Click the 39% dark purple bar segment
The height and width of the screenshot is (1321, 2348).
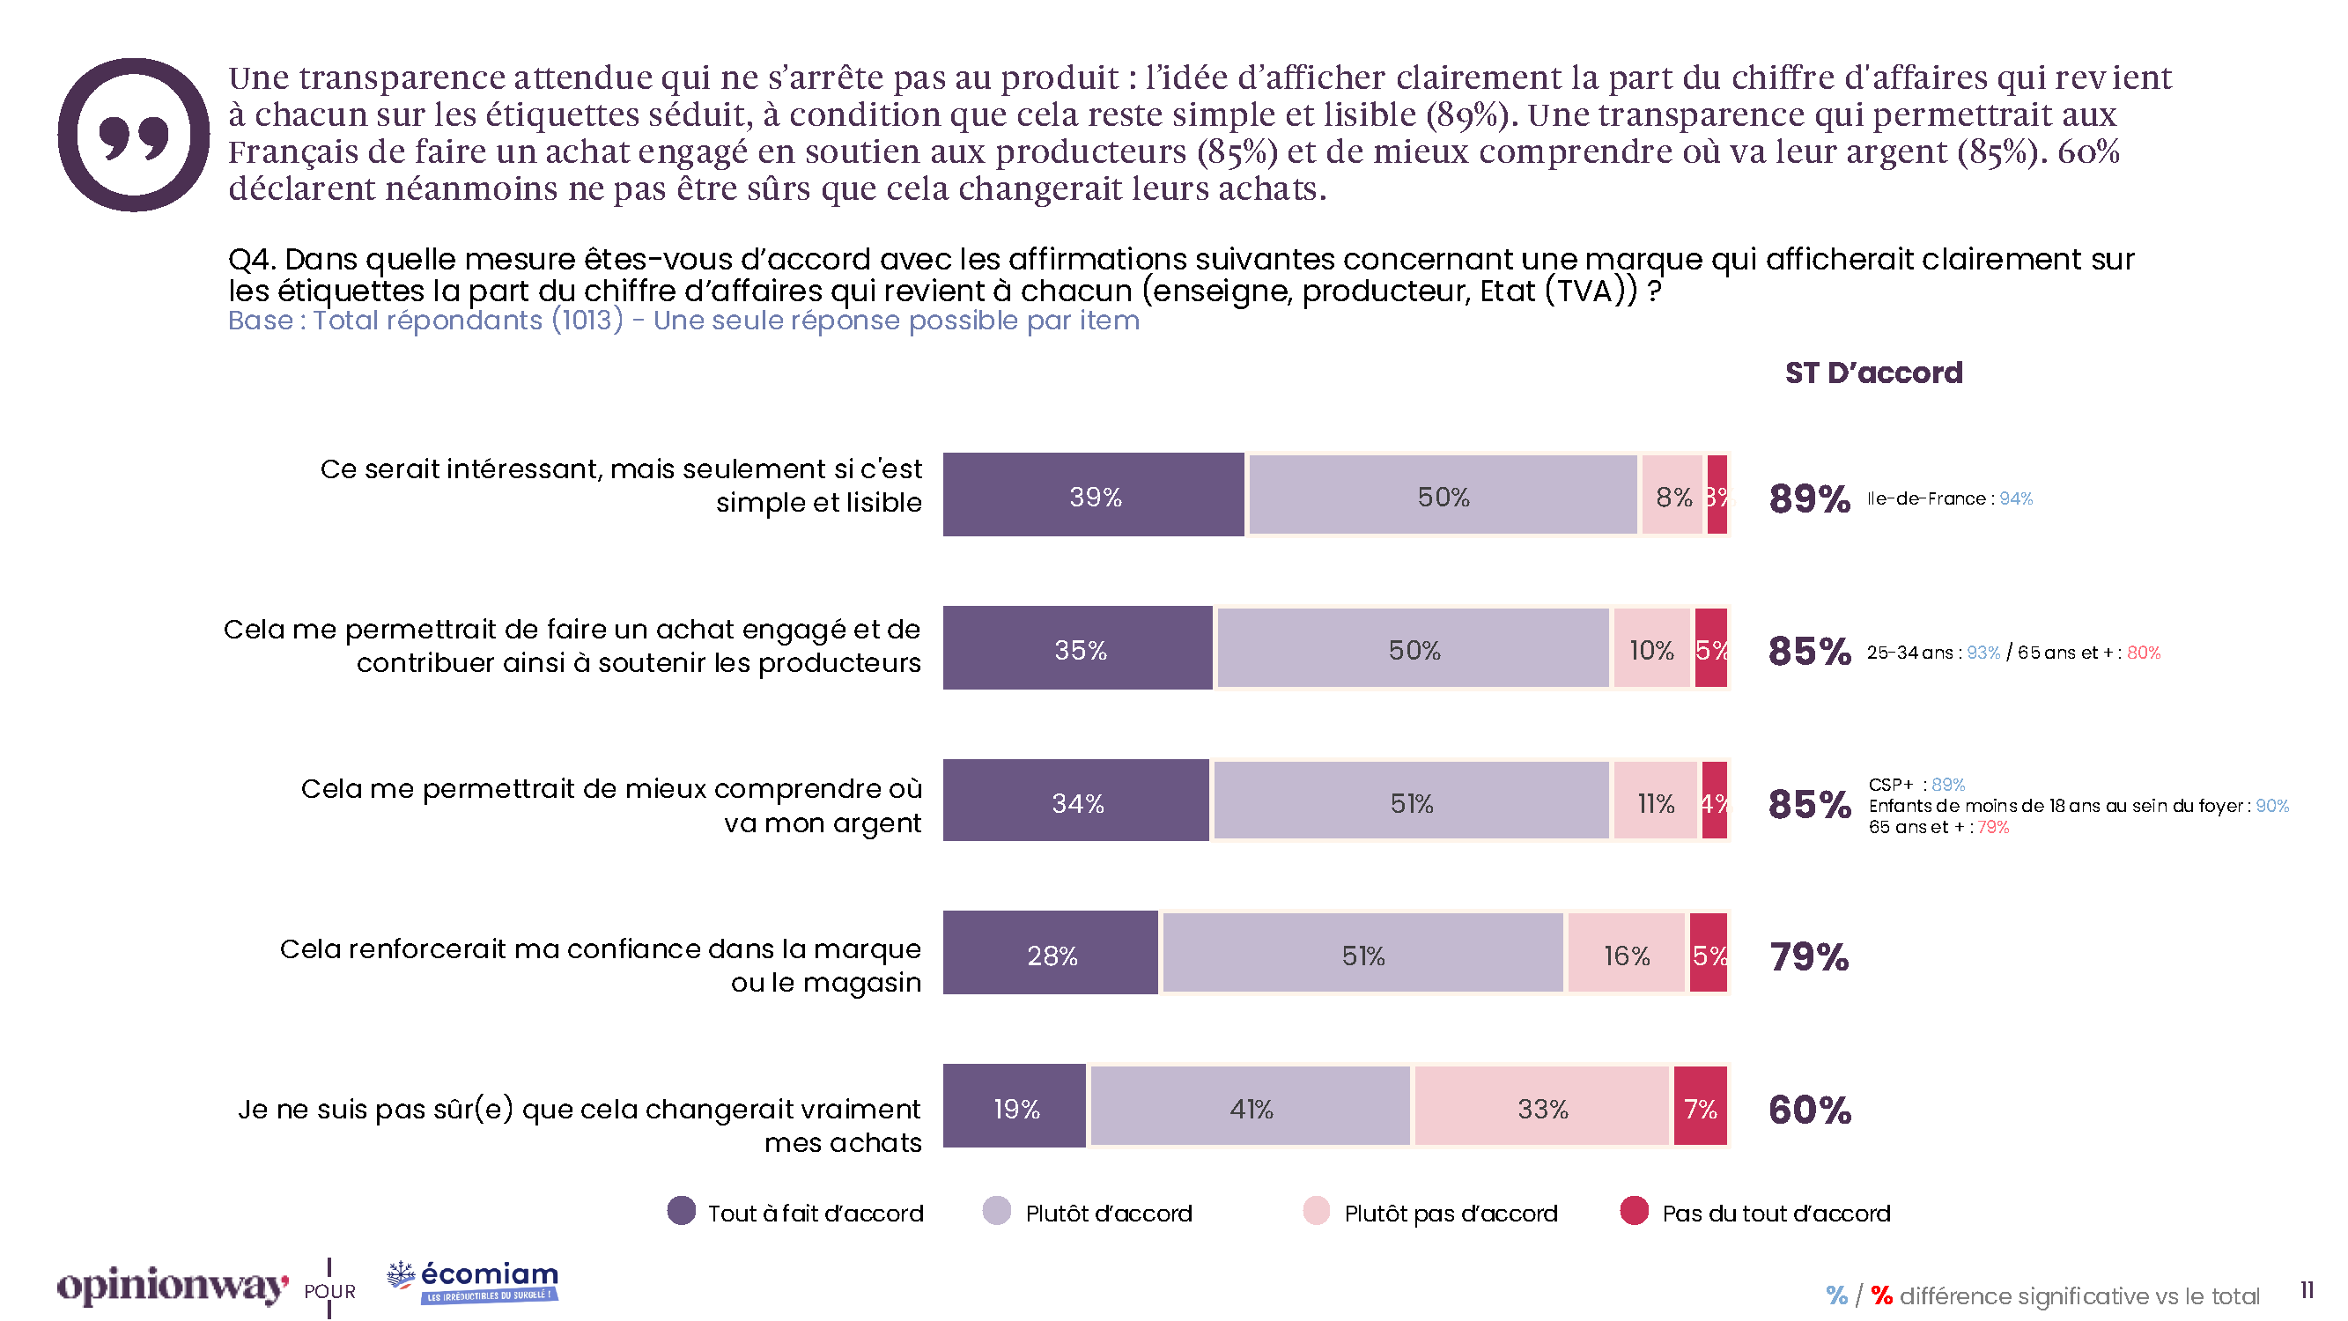click(1093, 495)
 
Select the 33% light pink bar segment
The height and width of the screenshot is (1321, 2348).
click(1541, 1107)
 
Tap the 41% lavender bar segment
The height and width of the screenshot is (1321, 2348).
click(1250, 1107)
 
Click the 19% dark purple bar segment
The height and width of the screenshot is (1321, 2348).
click(1015, 1107)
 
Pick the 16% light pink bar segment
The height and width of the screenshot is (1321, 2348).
click(1626, 954)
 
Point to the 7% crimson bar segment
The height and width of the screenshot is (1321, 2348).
click(1700, 1107)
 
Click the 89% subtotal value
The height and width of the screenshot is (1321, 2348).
click(1809, 498)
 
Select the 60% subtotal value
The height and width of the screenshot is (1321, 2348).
click(1809, 1110)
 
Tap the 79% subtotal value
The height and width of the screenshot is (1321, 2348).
click(1809, 956)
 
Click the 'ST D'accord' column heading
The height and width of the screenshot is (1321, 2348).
click(1873, 373)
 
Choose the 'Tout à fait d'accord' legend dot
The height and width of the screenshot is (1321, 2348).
click(681, 1211)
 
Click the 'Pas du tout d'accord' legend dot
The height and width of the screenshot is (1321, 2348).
click(1634, 1211)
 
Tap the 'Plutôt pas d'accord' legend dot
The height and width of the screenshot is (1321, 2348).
click(1316, 1211)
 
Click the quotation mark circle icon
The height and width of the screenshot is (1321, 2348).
click(134, 135)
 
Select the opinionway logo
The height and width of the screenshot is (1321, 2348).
click(173, 1286)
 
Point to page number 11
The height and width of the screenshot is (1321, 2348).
click(2307, 1290)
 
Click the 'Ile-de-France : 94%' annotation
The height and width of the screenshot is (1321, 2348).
click(1949, 498)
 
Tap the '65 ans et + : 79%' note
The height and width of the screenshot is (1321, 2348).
click(1938, 827)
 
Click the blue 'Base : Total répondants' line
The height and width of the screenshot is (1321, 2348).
click(683, 321)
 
